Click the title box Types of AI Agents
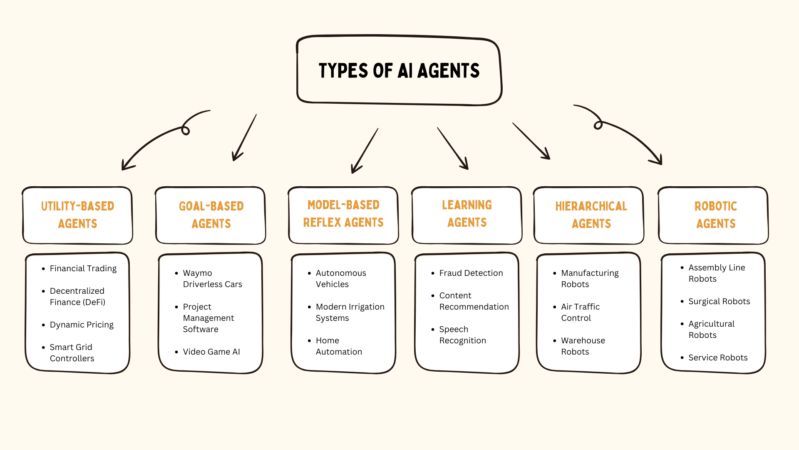coord(399,70)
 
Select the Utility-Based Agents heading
coord(77,215)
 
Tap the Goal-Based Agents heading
coord(211,215)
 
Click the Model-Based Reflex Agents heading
coord(343,213)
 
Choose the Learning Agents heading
coord(466,213)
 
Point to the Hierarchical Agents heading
coord(591,215)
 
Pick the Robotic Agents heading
coord(716,215)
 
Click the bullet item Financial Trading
coord(83,268)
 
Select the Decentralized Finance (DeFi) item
coord(77,296)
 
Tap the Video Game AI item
coord(211,352)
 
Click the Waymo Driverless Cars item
coord(212,278)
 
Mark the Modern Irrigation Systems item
coord(350,312)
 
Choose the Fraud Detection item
coord(471,273)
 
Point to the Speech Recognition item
coord(462,335)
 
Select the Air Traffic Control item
coord(580,312)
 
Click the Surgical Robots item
coord(719,301)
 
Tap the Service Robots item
coord(717,357)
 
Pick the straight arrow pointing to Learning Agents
coord(453,149)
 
